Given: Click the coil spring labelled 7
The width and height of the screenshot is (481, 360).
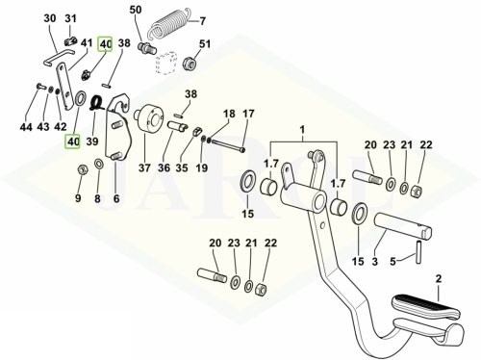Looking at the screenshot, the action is tap(168, 24).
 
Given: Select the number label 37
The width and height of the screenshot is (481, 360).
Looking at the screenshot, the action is tap(144, 167).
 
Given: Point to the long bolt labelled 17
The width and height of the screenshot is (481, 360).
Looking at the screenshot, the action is tap(228, 145).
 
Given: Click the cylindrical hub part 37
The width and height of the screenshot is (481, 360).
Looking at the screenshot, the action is tap(149, 119).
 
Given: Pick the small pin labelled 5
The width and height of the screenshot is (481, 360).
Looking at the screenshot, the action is tap(418, 252).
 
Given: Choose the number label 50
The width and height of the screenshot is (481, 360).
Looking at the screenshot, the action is tap(136, 10).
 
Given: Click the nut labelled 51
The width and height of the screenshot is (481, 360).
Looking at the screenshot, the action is tap(190, 63).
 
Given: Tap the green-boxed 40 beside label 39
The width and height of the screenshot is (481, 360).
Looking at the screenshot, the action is tap(72, 141).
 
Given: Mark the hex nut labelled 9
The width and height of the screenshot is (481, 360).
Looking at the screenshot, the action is tap(83, 168).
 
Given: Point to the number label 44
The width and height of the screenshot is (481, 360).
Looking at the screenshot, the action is tap(26, 127).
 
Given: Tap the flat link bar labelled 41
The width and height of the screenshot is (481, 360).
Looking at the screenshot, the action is tap(64, 87).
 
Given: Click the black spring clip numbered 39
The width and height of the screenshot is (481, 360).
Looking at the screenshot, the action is tap(97, 103).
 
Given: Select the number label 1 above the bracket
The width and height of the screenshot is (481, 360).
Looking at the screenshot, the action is tap(302, 130).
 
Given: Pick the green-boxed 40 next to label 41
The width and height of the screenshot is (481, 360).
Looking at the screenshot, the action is tap(105, 43).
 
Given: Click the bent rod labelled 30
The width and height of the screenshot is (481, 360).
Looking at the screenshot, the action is tap(59, 57).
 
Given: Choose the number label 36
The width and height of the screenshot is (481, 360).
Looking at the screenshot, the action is tap(164, 167).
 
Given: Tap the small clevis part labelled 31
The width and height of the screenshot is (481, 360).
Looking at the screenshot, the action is tap(71, 41).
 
